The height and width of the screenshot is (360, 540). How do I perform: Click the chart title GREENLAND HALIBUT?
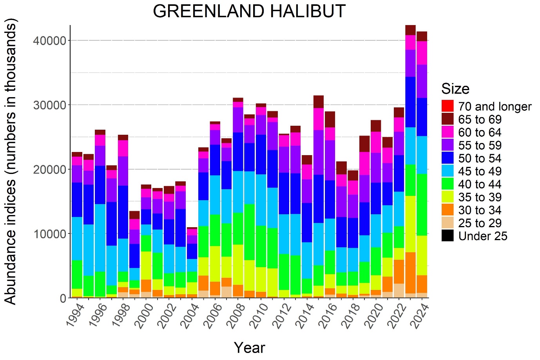coord(249,11)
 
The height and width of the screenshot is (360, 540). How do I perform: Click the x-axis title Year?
coord(249,347)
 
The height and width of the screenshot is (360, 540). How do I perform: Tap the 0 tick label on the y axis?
coord(63,298)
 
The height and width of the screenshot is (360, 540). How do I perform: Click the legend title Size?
coord(455,89)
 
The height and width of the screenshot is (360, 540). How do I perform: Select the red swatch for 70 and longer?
coord(447,106)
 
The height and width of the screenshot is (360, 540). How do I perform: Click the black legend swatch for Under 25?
coord(447,236)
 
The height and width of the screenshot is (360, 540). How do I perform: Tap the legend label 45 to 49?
coord(480,171)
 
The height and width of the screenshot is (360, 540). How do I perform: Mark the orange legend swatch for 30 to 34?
coord(447,210)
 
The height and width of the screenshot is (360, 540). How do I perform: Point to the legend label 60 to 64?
coord(480,132)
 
